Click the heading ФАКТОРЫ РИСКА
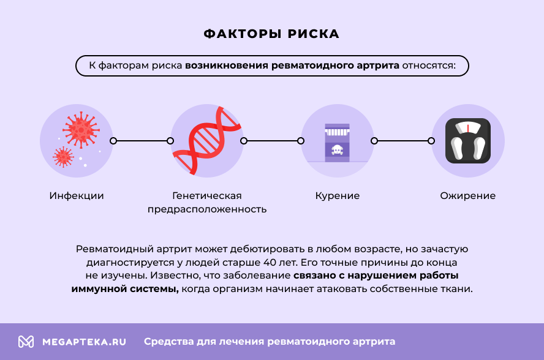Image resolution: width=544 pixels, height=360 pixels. coord(271,34)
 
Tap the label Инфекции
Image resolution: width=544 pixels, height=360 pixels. coord(77,196)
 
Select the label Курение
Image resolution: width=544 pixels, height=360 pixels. coord(338,196)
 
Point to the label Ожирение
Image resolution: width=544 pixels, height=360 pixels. coord(468,196)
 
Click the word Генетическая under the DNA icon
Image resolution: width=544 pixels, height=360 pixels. coord(207,196)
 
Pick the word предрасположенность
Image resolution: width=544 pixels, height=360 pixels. coord(207,209)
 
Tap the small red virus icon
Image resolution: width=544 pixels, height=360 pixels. coord(63,157)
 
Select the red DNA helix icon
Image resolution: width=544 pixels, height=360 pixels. coord(207,141)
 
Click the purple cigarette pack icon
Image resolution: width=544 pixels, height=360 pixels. coord(338,142)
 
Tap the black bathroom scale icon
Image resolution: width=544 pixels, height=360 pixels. coord(468,141)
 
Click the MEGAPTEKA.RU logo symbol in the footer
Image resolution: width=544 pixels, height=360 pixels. coord(26,342)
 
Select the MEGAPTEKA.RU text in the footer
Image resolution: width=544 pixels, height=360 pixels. coord(84,342)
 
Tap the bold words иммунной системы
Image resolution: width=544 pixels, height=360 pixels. coord(124,289)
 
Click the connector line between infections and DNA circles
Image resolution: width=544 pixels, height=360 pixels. coord(142,141)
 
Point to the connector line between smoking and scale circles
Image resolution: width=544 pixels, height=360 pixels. coord(402,141)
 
